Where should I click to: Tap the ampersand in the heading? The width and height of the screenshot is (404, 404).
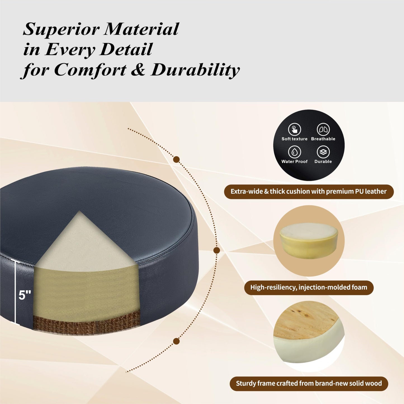click(x=138, y=69)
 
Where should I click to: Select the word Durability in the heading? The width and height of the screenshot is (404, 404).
click(x=195, y=70)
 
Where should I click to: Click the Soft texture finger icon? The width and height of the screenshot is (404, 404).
click(x=294, y=129)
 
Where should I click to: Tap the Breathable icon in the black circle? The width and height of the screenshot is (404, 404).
click(x=323, y=129)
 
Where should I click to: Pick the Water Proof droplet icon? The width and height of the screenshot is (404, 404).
click(x=294, y=152)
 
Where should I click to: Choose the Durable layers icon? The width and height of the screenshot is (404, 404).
click(x=323, y=152)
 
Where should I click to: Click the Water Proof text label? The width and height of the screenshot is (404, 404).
click(x=294, y=162)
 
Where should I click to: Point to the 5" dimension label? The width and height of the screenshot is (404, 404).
click(x=25, y=295)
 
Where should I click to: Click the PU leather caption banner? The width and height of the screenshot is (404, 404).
click(x=309, y=192)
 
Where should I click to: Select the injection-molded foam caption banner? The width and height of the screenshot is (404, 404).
click(x=309, y=288)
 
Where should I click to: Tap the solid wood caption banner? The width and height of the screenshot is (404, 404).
click(x=309, y=384)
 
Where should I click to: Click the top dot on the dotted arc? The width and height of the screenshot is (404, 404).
click(x=176, y=160)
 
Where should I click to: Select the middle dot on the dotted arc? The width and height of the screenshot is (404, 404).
click(x=217, y=250)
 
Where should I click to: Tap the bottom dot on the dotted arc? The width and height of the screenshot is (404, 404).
click(x=176, y=341)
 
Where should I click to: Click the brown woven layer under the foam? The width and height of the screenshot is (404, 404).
click(x=87, y=322)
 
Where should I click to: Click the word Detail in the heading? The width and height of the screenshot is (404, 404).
click(x=126, y=49)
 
